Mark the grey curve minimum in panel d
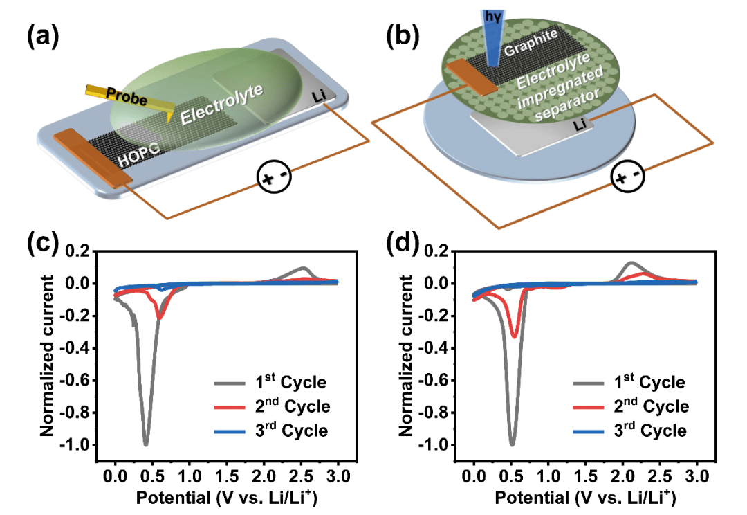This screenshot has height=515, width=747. tap(512, 444)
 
